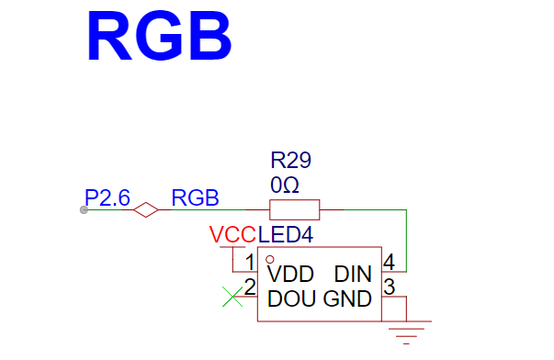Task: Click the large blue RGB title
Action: coord(159,36)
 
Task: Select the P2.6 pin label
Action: coord(107,197)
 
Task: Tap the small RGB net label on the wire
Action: coord(195,197)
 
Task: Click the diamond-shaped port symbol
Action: coord(146,210)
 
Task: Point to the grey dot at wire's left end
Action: coord(84,210)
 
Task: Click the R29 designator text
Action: coord(290,160)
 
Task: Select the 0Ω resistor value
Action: coord(285,185)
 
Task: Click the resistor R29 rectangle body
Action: coord(295,210)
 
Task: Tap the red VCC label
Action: coord(232,234)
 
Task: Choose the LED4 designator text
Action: coord(286,234)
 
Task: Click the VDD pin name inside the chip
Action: coord(290,275)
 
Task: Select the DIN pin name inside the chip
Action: coord(353,275)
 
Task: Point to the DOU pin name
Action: coord(291,298)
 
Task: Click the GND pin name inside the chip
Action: coord(347,298)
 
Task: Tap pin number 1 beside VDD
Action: coord(250,262)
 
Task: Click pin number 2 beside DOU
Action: coord(250,287)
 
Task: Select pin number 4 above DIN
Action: coord(389,262)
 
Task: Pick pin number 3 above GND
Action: coord(389,287)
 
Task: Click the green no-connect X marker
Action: coord(232,297)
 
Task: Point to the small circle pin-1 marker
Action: coord(270,260)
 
